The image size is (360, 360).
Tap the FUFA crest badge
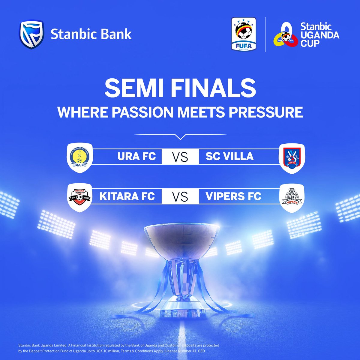[x=243, y=34]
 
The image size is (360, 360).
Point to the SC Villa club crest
[x=292, y=158]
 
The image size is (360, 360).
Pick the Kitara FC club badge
[x=79, y=197]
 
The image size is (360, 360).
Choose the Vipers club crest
[x=292, y=197]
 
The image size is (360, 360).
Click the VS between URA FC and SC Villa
[x=180, y=157]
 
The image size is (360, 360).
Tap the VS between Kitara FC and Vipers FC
[x=180, y=197]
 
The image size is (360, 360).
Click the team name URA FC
[x=137, y=157]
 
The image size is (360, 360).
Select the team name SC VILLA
[x=229, y=157]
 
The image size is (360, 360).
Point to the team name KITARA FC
[x=127, y=196]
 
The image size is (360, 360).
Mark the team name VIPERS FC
[x=233, y=196]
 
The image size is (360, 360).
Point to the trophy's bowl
[x=180, y=237]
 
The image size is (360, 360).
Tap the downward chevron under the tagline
[x=180, y=137]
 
